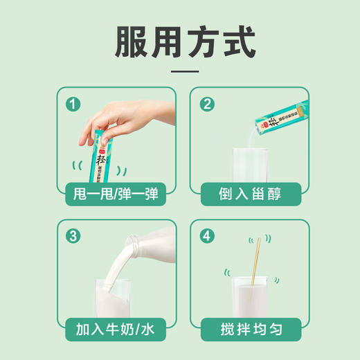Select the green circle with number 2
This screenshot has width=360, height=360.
pos(207,105)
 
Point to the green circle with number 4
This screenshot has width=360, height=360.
pos(207,236)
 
